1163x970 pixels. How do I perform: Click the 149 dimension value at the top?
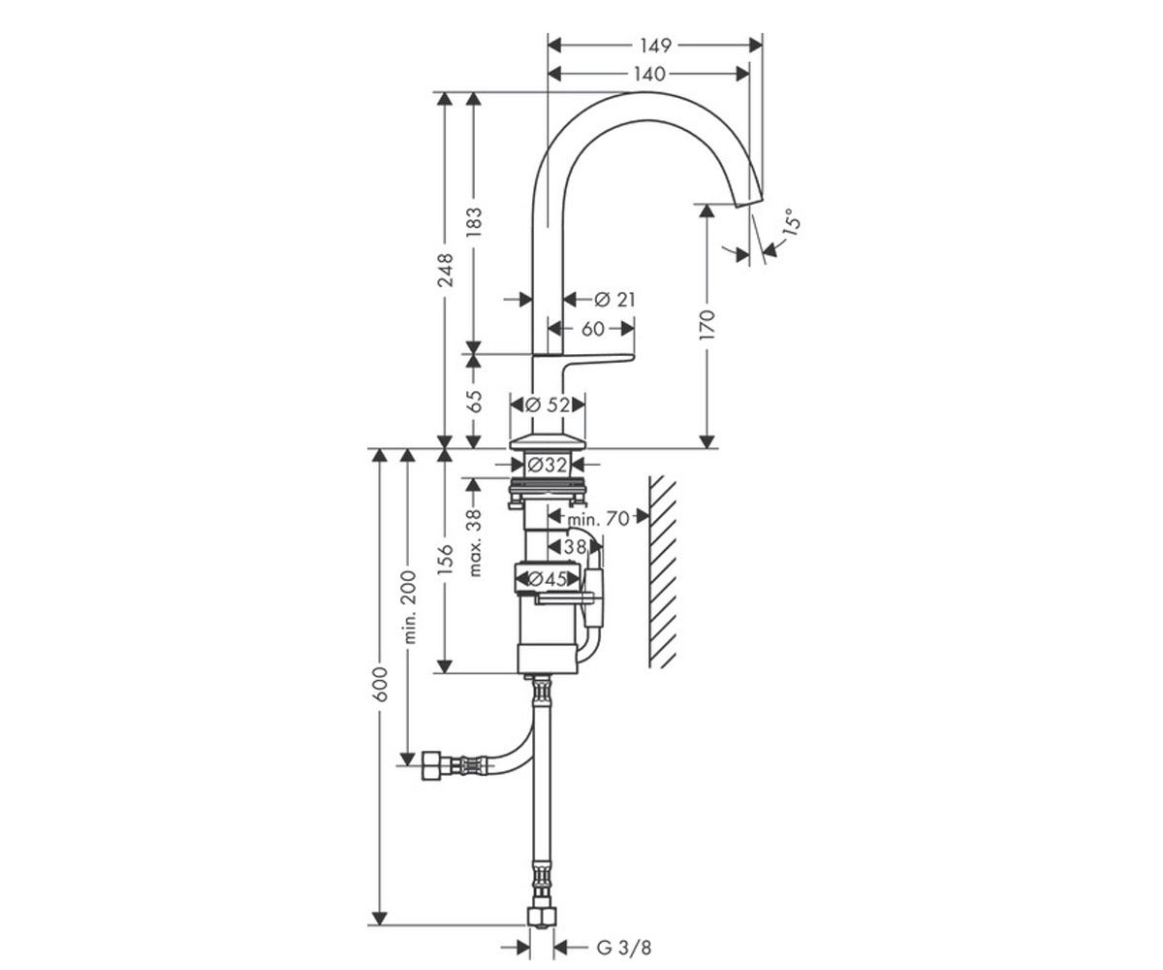click(x=655, y=46)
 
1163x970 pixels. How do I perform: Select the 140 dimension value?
click(x=650, y=74)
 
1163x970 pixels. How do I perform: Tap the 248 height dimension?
click(x=446, y=270)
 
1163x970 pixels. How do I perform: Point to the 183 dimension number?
click(x=474, y=222)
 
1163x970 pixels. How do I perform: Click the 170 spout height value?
click(x=706, y=325)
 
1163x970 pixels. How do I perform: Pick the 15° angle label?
click(x=792, y=221)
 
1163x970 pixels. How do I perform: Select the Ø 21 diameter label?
click(x=614, y=300)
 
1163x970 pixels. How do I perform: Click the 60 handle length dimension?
click(x=592, y=329)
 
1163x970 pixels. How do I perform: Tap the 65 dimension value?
click(x=474, y=401)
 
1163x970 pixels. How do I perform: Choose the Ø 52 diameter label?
click(x=549, y=404)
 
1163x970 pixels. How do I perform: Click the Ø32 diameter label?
click(x=548, y=464)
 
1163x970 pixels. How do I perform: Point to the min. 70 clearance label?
click(x=599, y=519)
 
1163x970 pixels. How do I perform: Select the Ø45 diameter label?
click(x=547, y=579)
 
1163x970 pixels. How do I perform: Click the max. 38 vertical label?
click(x=474, y=543)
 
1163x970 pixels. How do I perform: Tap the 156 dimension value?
click(x=446, y=559)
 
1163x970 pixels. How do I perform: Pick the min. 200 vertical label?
click(x=409, y=606)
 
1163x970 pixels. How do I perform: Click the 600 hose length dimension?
click(x=381, y=684)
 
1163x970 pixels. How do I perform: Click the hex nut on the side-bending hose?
click(x=431, y=765)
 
